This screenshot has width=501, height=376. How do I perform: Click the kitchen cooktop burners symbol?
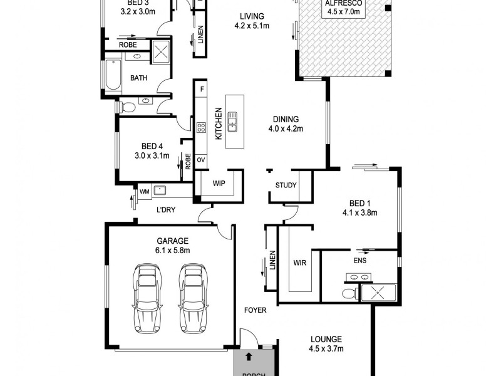201,127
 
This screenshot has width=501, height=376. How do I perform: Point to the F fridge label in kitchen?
202,89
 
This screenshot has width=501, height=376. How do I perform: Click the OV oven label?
201,160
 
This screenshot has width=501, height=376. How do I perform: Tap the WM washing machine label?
144,191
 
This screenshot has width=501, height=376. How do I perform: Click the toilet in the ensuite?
349,293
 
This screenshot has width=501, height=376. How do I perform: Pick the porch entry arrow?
249,357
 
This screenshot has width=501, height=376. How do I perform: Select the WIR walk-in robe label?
299,263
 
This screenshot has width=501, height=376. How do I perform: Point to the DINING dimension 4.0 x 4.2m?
286,130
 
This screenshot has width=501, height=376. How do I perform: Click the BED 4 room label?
152,146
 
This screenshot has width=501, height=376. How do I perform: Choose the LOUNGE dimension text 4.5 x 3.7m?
327,348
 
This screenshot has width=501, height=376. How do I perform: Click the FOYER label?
256,310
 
